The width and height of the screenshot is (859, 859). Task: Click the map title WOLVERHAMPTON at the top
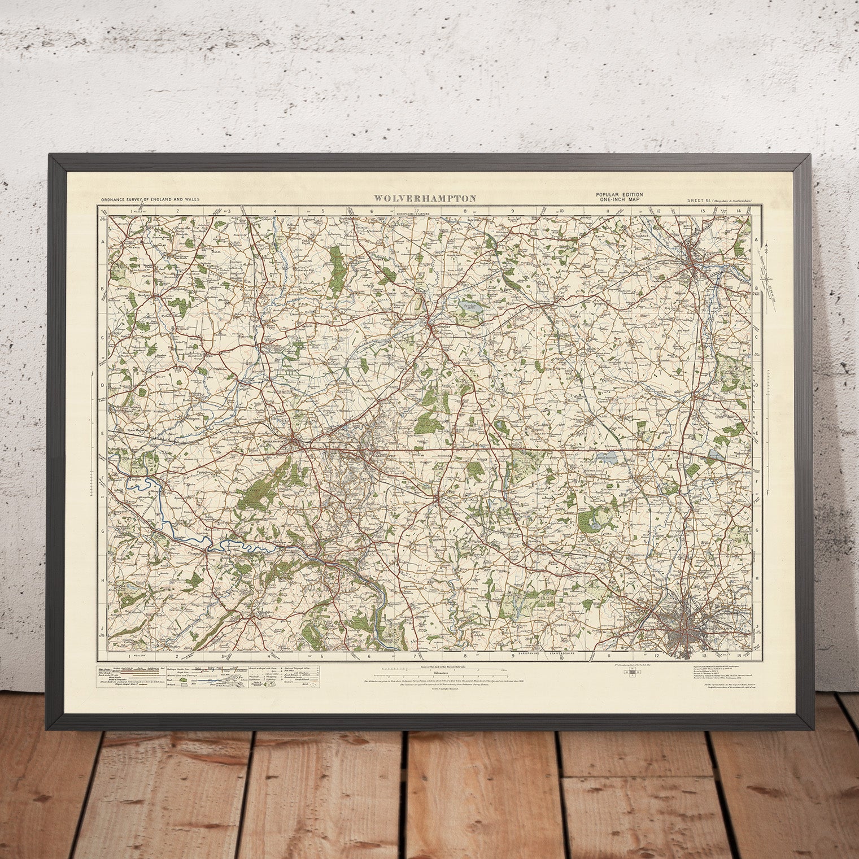coord(424,198)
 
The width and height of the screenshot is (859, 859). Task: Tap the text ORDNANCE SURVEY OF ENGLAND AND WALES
coord(150,199)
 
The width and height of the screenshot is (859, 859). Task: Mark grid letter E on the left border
coord(103,434)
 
